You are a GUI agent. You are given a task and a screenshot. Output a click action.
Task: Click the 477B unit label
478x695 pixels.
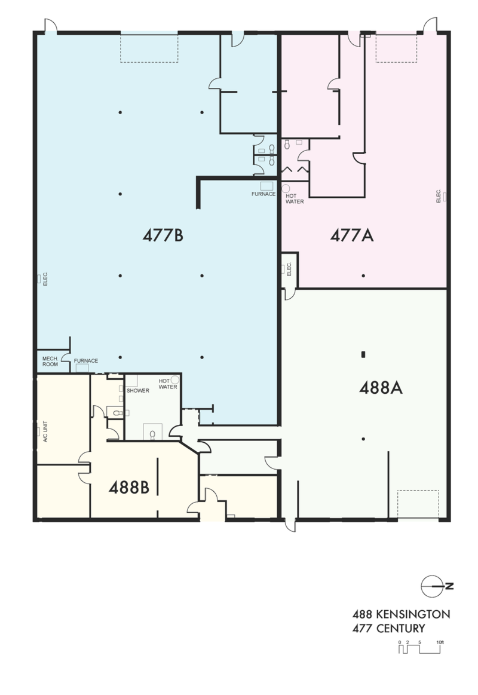[163, 235]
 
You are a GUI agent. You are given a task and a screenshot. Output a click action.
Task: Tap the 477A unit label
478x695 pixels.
[352, 235]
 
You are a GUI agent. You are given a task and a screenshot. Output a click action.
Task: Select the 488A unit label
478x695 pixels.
[381, 388]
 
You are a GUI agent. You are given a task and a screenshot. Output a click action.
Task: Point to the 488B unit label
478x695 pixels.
[129, 488]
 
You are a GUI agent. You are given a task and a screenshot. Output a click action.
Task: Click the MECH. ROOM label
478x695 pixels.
[50, 361]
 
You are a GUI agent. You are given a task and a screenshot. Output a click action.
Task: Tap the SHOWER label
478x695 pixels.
[138, 390]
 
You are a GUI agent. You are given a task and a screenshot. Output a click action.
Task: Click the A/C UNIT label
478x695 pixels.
[45, 431]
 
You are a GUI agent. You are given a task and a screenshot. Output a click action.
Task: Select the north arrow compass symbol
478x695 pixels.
[437, 586]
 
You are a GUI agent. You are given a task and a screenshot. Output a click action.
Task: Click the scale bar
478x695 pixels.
[420, 649]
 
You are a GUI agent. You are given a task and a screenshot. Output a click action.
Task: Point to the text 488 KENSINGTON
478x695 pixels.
[401, 614]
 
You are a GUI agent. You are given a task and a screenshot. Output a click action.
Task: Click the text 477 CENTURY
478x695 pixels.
[388, 628]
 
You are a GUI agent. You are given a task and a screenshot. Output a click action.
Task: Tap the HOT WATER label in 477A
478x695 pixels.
[295, 198]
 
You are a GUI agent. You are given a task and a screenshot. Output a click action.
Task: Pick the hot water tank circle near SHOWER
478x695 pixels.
[175, 379]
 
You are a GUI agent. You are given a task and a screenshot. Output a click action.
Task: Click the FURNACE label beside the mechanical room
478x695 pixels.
[86, 361]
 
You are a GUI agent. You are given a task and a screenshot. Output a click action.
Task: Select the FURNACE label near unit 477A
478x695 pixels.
[263, 194]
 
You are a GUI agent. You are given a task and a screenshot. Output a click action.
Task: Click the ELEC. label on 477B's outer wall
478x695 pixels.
[45, 279]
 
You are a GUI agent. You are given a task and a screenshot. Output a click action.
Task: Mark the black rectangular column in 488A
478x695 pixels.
[363, 354]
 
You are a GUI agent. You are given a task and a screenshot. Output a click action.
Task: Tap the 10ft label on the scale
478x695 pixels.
[439, 642]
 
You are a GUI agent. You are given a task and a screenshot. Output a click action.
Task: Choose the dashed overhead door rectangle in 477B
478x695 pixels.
[149, 48]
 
